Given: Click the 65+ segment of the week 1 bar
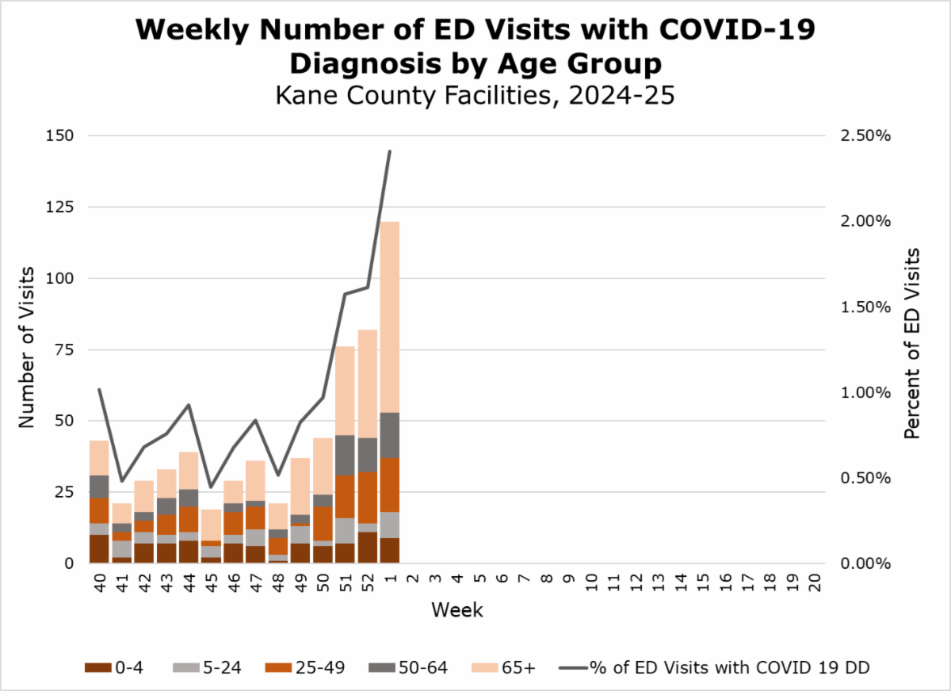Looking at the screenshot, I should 389,317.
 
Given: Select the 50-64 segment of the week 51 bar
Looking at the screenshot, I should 345,456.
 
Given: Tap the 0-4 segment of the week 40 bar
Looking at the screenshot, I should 99,548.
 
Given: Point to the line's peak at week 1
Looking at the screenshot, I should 389,151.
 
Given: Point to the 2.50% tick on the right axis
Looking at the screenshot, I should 865,136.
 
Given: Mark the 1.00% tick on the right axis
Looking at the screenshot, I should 865,392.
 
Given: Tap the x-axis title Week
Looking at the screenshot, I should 457,610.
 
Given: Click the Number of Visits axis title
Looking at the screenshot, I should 28,349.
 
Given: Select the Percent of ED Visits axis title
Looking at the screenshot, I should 912,343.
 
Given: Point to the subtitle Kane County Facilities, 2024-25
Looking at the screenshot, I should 474,95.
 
